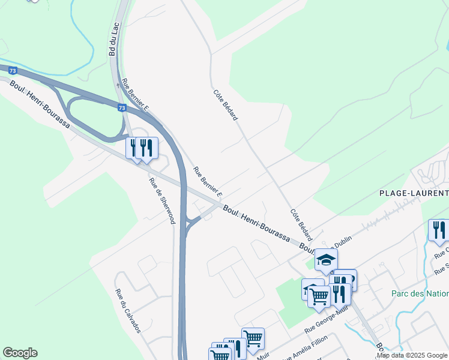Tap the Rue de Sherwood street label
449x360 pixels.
tap(162, 202)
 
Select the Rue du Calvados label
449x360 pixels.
tap(128, 311)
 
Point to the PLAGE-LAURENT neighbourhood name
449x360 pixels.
tap(414, 193)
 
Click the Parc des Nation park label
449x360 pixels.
tap(420, 293)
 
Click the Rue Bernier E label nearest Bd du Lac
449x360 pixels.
tap(135, 94)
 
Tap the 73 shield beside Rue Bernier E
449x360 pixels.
tap(122, 108)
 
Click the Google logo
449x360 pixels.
tap(20, 353)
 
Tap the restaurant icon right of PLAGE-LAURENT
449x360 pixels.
tap(439, 230)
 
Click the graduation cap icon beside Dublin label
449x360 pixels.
tap(326, 259)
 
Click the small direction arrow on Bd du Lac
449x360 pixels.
tap(118, 85)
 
